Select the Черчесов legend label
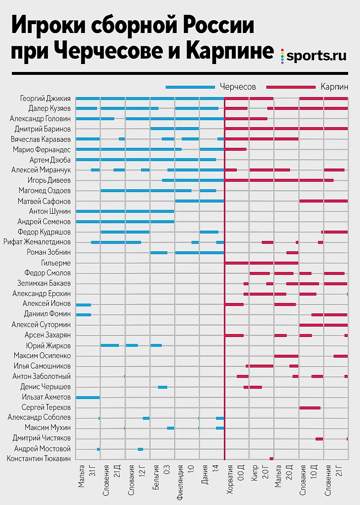238,87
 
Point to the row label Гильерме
56,263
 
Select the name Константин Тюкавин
39,459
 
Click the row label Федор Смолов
48,273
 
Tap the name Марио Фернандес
42,149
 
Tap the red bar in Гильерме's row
261,263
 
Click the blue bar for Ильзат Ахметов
88,397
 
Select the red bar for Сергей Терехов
310,407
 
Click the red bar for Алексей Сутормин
323,325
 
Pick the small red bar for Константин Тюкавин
271,459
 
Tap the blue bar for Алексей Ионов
83,304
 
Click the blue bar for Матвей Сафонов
199,201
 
